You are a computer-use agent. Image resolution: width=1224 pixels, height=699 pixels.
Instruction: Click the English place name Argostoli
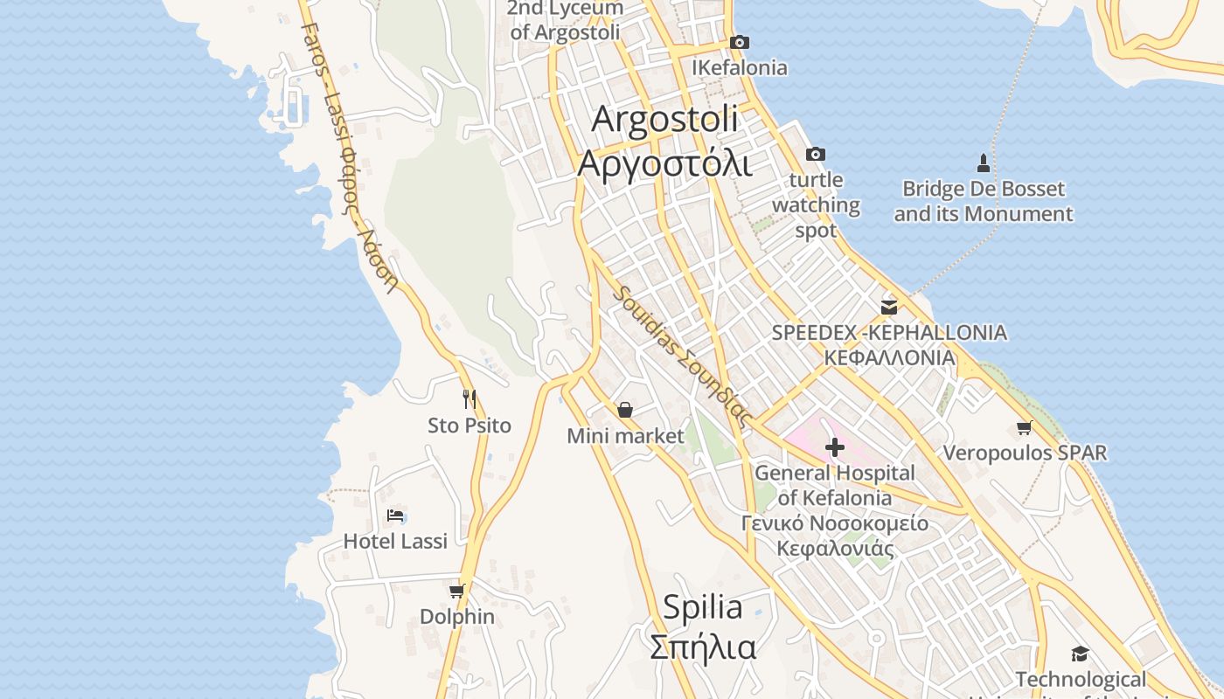point(664,120)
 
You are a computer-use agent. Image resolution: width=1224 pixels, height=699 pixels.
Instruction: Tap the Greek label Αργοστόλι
point(664,163)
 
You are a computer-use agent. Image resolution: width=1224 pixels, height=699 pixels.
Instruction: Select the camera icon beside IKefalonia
point(739,42)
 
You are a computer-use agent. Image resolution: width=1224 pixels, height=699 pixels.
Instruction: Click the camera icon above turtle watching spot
point(815,154)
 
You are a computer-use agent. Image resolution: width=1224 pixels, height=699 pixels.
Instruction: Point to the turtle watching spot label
point(816,205)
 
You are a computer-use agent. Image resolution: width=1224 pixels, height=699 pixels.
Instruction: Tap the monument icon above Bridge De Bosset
point(983,163)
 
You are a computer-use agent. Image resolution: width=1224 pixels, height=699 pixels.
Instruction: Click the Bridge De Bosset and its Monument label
point(983,201)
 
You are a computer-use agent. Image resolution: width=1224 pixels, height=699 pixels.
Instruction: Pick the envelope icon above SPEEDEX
point(889,307)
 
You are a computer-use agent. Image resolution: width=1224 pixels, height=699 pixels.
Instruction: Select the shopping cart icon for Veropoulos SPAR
point(1024,427)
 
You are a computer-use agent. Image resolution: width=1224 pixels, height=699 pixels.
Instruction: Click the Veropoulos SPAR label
point(1024,453)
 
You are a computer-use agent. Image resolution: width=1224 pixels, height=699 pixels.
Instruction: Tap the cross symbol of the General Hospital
point(835,447)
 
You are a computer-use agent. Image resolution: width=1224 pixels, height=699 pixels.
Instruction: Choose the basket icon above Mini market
point(625,409)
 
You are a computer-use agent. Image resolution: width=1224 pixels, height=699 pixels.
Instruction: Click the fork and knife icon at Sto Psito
point(469,399)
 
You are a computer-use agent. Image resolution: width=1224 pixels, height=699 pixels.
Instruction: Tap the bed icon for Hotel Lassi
point(395,516)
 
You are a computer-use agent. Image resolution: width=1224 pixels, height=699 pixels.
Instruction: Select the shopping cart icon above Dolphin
point(456,592)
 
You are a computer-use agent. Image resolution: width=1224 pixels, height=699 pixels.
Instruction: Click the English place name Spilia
point(702,606)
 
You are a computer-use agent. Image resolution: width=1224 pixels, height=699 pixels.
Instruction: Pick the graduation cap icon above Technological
point(1080,654)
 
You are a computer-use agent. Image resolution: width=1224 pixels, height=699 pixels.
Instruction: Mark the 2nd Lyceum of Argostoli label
point(565,20)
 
